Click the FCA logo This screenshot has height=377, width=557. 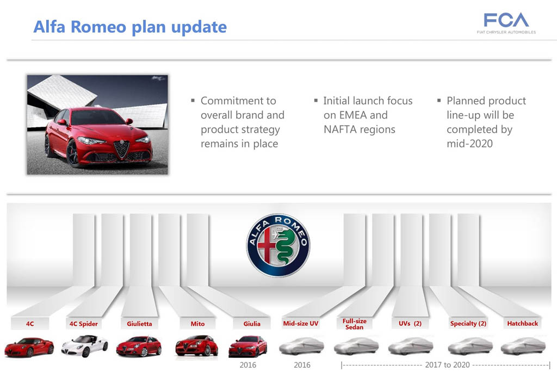[506, 23]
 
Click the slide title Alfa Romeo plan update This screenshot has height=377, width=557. [130, 27]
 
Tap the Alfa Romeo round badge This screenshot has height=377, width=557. [278, 245]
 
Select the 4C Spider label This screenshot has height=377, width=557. [83, 324]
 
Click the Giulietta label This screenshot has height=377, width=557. [139, 324]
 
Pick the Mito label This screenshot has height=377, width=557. [197, 324]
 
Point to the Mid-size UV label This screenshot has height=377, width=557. [300, 323]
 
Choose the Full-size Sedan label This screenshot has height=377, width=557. [355, 324]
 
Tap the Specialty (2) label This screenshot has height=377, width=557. [468, 323]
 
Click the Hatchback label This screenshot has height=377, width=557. [523, 323]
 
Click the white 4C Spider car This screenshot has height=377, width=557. [84, 346]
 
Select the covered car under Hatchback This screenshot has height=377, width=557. [523, 346]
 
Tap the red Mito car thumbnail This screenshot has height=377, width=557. [196, 346]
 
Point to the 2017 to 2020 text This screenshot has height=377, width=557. [447, 365]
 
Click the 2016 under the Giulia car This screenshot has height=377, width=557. [248, 365]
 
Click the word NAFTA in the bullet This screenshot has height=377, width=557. [339, 129]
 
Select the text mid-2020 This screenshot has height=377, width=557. [469, 144]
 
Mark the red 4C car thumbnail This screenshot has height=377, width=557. [29, 347]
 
